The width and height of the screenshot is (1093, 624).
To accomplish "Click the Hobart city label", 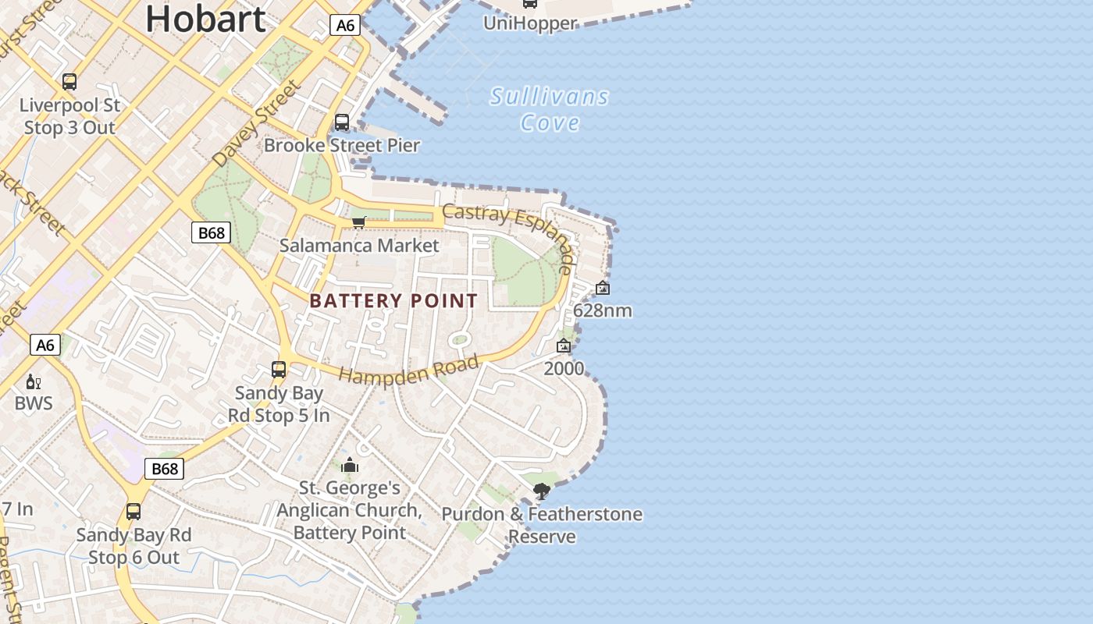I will pyautogui.click(x=205, y=18).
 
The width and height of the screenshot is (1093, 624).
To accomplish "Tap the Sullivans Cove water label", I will pyautogui.click(x=550, y=109).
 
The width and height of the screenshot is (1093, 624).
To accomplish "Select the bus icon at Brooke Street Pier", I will pyautogui.click(x=342, y=122).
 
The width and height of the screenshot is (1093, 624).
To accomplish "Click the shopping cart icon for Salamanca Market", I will pyautogui.click(x=359, y=223).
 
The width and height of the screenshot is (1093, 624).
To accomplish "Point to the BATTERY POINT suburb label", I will pyautogui.click(x=393, y=301).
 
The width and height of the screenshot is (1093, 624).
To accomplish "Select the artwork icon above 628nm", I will pyautogui.click(x=603, y=288).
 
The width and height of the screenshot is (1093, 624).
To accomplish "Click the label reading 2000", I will pyautogui.click(x=564, y=368).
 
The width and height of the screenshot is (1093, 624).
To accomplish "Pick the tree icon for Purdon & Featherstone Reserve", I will pyautogui.click(x=541, y=491).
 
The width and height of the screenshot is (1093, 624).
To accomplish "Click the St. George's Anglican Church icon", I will pyautogui.click(x=350, y=466).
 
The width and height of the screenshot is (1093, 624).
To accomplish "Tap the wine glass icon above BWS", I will pyautogui.click(x=33, y=382).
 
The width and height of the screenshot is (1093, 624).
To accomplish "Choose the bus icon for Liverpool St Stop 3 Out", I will pyautogui.click(x=69, y=82).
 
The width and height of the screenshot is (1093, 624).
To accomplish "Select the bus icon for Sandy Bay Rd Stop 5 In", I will pyautogui.click(x=279, y=370).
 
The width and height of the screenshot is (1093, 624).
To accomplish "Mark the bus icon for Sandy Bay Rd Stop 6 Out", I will pyautogui.click(x=134, y=512).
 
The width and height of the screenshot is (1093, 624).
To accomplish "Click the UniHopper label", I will pyautogui.click(x=530, y=23).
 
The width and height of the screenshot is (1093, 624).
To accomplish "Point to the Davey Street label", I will pyautogui.click(x=257, y=123).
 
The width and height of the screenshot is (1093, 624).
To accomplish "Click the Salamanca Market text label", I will pyautogui.click(x=359, y=246).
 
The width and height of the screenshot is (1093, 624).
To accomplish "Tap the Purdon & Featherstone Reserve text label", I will pyautogui.click(x=542, y=525).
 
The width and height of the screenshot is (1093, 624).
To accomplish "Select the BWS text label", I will pyautogui.click(x=34, y=403).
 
